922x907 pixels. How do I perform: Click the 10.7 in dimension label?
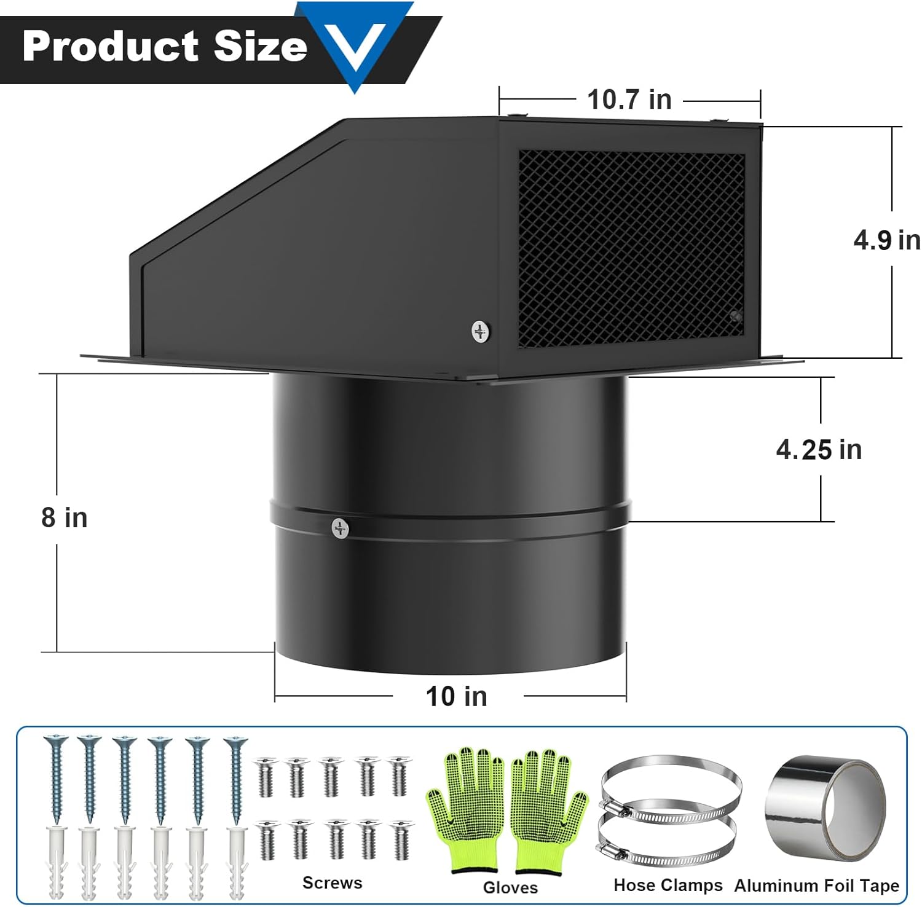(x=629, y=100)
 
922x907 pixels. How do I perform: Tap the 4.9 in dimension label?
(x=886, y=240)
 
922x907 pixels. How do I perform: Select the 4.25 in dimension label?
(x=819, y=450)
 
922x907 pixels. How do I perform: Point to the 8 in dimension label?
(x=65, y=518)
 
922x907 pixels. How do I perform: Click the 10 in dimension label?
(x=457, y=697)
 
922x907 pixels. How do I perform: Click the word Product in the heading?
(x=111, y=46)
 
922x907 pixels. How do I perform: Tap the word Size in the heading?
(x=260, y=46)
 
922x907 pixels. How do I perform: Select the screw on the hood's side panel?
(x=481, y=331)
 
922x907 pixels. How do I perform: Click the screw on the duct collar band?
(x=340, y=528)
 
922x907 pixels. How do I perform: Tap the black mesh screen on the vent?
(x=631, y=248)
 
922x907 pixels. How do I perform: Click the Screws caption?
(x=332, y=883)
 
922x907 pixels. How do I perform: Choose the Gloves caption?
(x=510, y=887)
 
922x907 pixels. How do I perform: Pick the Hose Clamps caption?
(x=668, y=885)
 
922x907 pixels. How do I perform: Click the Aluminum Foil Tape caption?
(x=816, y=885)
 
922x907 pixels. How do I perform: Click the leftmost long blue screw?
(x=55, y=777)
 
